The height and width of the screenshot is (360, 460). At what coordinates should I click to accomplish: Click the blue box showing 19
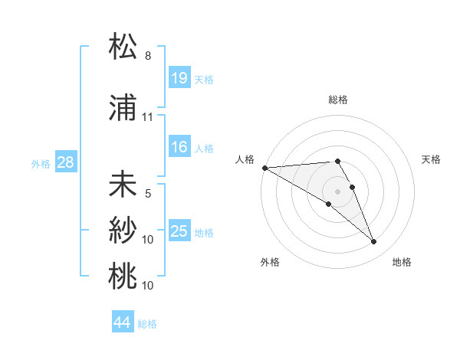(x=179, y=78)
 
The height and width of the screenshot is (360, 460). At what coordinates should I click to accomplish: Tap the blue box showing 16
(x=179, y=148)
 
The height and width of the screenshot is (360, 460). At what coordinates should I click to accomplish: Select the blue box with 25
(x=179, y=231)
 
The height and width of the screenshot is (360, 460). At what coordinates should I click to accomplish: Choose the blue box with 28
(x=66, y=162)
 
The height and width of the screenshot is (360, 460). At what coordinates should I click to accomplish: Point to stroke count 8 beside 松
(x=148, y=56)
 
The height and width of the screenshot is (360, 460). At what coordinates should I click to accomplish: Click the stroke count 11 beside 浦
(x=148, y=117)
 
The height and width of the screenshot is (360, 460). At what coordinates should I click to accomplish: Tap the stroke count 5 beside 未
(x=148, y=194)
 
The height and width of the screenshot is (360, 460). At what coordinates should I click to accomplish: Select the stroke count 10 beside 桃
(x=148, y=286)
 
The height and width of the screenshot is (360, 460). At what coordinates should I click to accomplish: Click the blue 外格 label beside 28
(x=41, y=162)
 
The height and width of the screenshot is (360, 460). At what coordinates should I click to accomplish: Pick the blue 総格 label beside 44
(x=147, y=324)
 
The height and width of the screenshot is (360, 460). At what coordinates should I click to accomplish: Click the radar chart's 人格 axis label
(x=245, y=159)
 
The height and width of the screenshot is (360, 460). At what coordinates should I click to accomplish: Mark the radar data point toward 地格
(x=374, y=242)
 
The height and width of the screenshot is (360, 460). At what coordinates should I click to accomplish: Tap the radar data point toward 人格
(x=264, y=168)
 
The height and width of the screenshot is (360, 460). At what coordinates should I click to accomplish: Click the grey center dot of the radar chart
(x=337, y=191)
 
